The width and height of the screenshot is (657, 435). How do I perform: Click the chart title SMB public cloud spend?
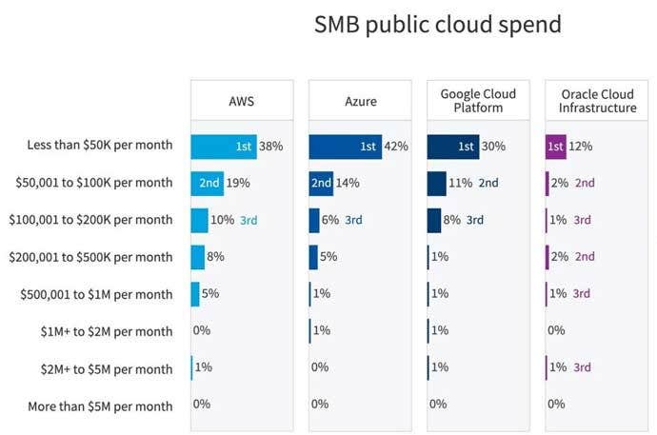(x=437, y=26)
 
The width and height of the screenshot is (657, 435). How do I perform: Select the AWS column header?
(x=241, y=101)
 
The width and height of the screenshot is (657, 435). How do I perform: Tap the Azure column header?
(x=359, y=101)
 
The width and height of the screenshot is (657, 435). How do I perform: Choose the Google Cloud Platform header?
(x=478, y=101)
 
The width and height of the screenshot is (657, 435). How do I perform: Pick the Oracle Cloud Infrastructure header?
(x=597, y=101)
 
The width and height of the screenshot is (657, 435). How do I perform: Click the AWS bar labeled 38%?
(x=223, y=147)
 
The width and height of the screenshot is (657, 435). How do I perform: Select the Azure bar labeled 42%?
(x=345, y=147)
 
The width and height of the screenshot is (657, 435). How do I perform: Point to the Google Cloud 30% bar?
(x=452, y=147)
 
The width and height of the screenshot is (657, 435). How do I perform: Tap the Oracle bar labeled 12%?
(x=556, y=147)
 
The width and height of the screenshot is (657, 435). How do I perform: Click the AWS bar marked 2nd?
(x=207, y=183)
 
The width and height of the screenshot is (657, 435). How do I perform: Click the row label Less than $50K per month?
(x=100, y=147)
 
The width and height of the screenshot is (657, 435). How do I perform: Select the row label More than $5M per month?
(x=101, y=406)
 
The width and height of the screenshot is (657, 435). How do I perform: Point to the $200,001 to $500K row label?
(x=90, y=257)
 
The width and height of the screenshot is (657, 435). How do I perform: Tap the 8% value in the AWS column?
(x=215, y=257)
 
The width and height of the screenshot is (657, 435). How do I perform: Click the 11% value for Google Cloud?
(x=461, y=183)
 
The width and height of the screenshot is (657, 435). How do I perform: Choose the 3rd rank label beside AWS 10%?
(x=249, y=220)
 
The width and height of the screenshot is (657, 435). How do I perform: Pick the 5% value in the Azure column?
(x=328, y=257)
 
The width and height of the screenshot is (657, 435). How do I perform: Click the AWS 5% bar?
(x=195, y=294)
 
